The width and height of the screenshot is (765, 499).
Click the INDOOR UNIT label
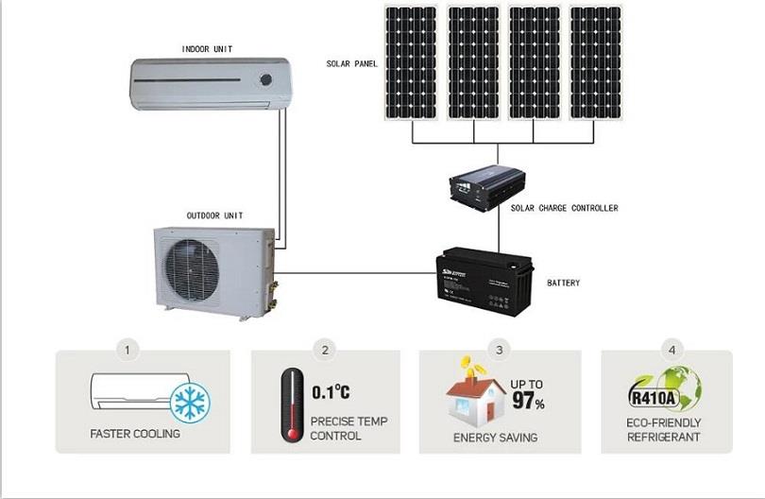pyautogui.click(x=207, y=48)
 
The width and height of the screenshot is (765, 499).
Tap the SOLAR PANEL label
pyautogui.click(x=351, y=63)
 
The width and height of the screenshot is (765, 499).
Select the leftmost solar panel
pyautogui.click(x=411, y=63)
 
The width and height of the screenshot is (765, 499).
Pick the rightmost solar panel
pyautogui.click(x=596, y=63)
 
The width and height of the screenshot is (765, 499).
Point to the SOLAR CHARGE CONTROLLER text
pyautogui.click(x=565, y=208)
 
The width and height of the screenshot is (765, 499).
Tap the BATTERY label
pyautogui.click(x=564, y=284)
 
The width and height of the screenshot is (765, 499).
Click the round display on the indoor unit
pyautogui.click(x=267, y=79)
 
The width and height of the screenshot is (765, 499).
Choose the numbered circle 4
pyautogui.click(x=671, y=350)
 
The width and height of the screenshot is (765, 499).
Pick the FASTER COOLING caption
pyautogui.click(x=135, y=435)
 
